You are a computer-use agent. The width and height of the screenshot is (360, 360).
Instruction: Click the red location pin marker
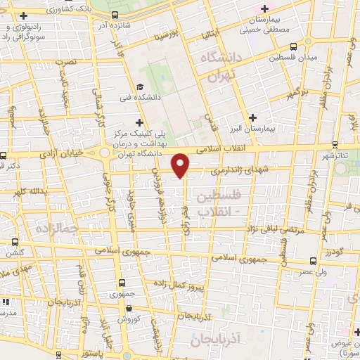181,165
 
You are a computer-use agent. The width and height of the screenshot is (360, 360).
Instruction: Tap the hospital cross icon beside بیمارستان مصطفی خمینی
264,8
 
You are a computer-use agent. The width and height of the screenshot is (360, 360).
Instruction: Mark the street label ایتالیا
212,31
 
